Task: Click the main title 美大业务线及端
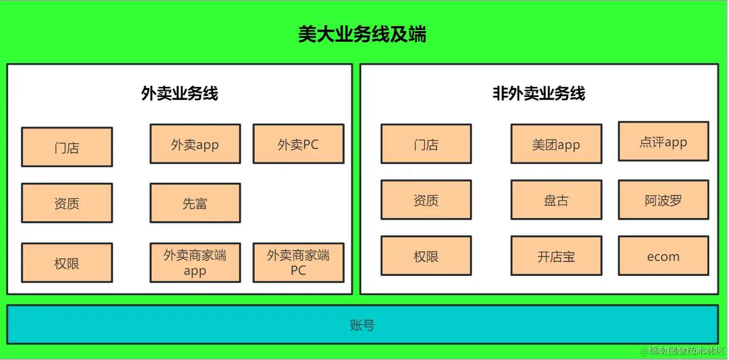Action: tap(362, 35)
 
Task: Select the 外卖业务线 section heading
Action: tap(180, 94)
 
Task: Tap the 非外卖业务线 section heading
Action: tap(539, 94)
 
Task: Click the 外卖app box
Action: tap(195, 144)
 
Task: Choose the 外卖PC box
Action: tap(298, 144)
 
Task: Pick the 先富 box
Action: tap(195, 203)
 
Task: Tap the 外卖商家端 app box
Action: tap(195, 262)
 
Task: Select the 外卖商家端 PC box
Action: tap(298, 262)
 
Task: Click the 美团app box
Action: tap(556, 144)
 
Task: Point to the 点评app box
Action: tap(663, 141)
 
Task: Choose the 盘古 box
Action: tap(556, 200)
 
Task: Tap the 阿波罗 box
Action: tap(663, 200)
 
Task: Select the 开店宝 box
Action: tap(556, 256)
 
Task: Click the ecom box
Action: tap(663, 256)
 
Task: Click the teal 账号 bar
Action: tap(362, 325)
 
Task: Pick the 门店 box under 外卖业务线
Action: tap(67, 147)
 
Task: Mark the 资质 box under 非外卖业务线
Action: tap(426, 200)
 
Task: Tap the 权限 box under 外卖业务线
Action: tap(67, 263)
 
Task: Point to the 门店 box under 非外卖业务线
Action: tap(426, 144)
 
